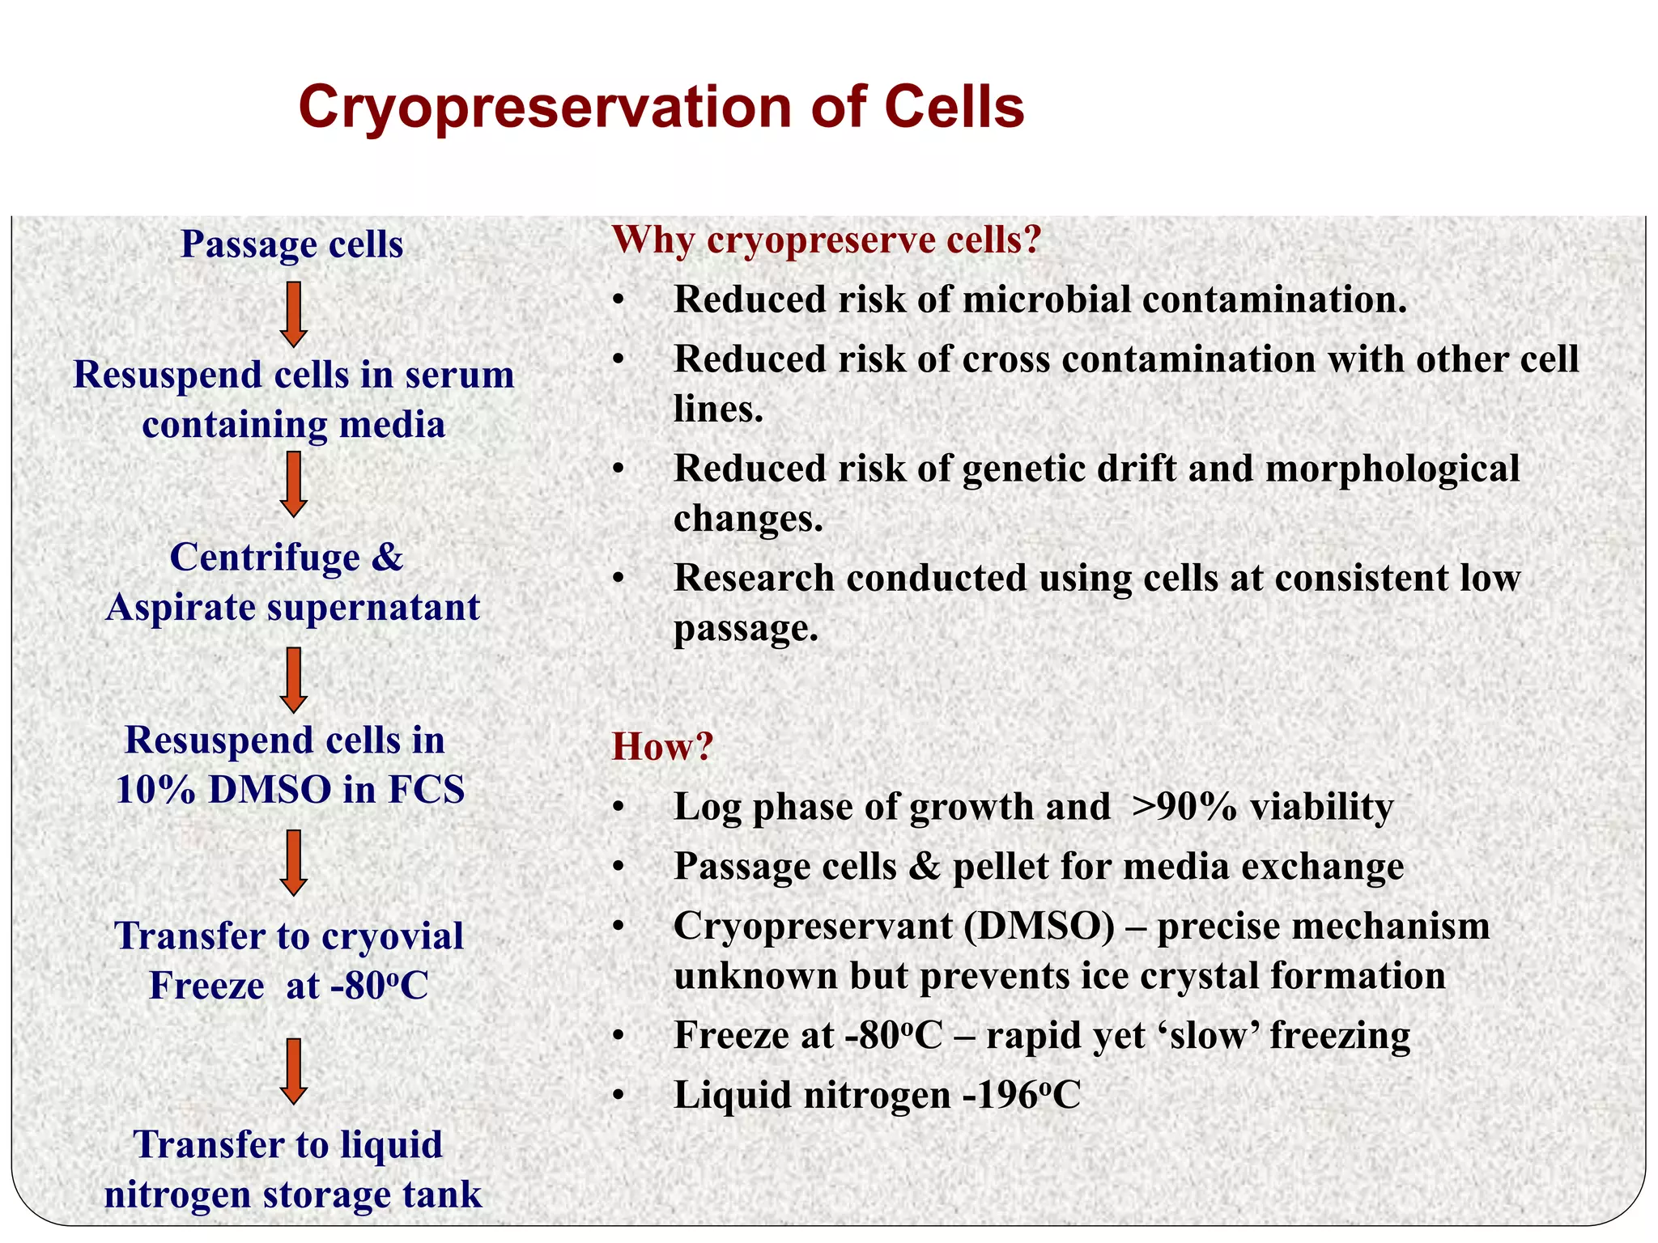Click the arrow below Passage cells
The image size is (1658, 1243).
[x=293, y=314]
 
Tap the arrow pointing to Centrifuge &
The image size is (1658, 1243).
[x=293, y=484]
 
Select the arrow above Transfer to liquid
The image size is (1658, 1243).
[x=293, y=1071]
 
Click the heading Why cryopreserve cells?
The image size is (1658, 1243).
[x=826, y=240]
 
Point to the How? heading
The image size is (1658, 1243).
[x=662, y=746]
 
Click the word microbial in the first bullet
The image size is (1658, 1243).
[x=1045, y=299]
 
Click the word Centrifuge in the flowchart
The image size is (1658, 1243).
[x=265, y=558]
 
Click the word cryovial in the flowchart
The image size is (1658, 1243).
[x=396, y=936]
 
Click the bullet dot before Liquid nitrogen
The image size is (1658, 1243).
[x=619, y=1097]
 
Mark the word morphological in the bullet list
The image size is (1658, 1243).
[x=1392, y=469]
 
